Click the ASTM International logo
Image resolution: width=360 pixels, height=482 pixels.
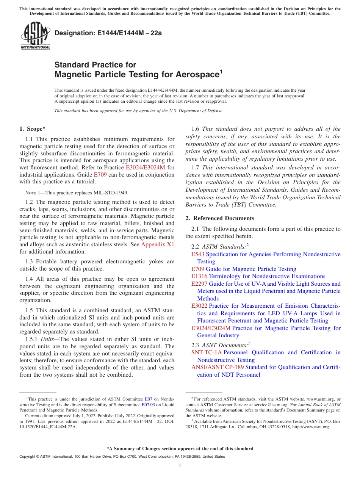[35, 36]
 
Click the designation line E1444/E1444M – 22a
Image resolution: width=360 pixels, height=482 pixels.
[108, 33]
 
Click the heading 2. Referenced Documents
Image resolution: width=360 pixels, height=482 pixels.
[220, 218]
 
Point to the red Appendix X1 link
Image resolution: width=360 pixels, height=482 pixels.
[158, 244]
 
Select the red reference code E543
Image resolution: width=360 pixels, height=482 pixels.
[197, 254]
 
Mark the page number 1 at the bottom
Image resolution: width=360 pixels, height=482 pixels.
[180, 466]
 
